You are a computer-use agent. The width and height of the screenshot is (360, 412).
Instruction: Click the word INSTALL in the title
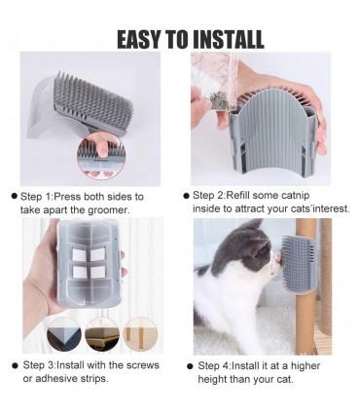pos(229,40)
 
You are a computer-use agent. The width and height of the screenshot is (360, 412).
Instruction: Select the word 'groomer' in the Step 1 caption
pos(109,210)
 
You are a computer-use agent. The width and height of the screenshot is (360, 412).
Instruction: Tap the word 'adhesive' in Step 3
pos(54,379)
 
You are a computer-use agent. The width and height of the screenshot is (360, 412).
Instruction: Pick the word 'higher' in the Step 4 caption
pos(305,366)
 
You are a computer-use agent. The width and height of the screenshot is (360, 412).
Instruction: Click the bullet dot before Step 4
pos(190,366)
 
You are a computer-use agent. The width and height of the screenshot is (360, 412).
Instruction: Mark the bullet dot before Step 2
pos(186,196)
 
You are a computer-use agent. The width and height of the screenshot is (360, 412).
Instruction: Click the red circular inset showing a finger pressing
pos(101,157)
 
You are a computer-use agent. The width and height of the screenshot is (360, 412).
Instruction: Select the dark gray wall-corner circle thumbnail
pos(64,335)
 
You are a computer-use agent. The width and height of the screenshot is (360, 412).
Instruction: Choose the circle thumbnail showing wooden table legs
pos(141,335)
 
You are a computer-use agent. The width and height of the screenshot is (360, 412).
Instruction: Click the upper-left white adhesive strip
pos(78,254)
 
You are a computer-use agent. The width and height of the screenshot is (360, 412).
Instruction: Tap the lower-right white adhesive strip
pos(97,272)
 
